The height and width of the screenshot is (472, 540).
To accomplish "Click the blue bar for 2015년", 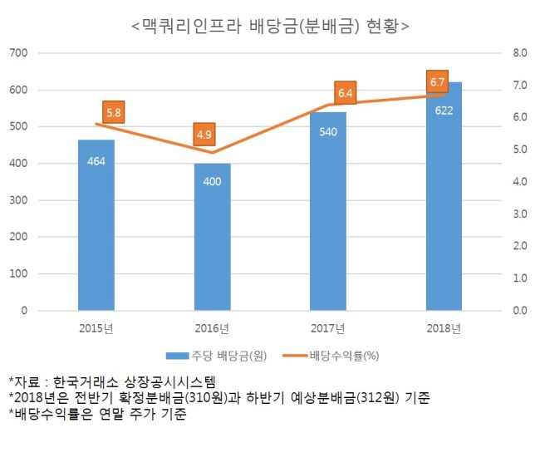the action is tap(96, 225).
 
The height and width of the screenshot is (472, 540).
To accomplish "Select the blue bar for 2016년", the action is tap(212, 237).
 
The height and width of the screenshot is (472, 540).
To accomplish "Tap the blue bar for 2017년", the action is tap(328, 211).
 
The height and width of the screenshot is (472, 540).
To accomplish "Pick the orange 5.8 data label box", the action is tap(114, 112).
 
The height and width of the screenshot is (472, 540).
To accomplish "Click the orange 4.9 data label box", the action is tap(204, 135).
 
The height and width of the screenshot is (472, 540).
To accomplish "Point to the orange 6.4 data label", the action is tap(345, 93).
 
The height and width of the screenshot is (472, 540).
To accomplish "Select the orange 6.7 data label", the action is tap(437, 82).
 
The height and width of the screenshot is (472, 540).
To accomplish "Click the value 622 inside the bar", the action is tap(444, 111).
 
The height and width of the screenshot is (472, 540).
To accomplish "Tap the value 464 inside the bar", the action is tap(96, 161).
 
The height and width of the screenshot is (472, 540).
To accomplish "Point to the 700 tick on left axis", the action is tap(18, 53).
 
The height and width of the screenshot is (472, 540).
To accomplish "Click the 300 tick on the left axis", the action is tap(18, 200).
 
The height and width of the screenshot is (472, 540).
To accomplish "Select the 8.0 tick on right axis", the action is tap(520, 53).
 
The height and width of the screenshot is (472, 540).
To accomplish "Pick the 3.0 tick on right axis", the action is tap(520, 214).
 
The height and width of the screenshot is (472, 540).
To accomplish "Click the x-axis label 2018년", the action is tap(444, 328).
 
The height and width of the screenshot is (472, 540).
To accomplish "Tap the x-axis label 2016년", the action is tap(212, 328).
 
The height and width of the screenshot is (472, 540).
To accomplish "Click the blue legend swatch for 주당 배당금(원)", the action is tap(177, 356).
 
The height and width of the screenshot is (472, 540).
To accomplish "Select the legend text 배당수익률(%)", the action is tap(345, 356).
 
